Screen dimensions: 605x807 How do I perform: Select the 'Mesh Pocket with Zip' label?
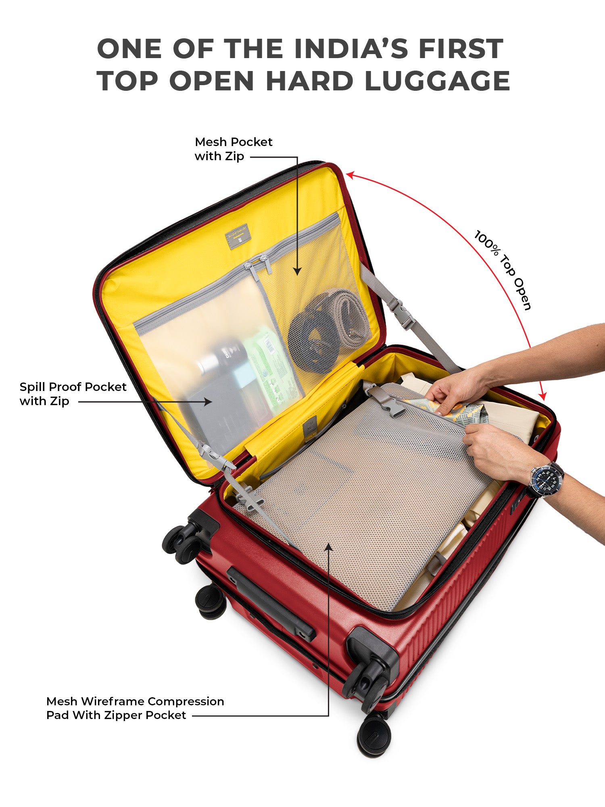pos(234,149)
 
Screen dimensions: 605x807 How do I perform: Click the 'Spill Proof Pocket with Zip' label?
pos(73,394)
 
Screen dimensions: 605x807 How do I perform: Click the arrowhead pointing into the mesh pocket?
pos(297,271)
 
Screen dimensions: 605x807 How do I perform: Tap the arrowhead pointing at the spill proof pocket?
pos(208,401)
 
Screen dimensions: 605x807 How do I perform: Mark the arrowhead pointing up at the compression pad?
pos(329,547)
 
